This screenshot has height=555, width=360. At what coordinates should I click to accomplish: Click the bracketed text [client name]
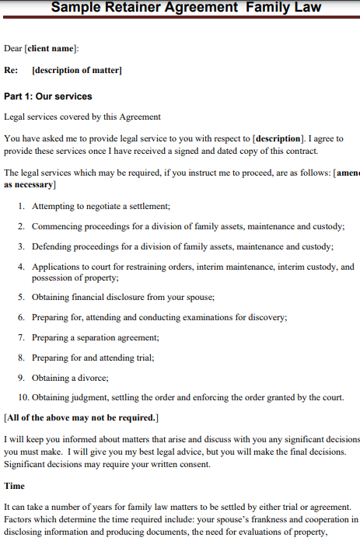click(x=51, y=48)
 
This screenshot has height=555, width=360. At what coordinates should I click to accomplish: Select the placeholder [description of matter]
click(x=76, y=71)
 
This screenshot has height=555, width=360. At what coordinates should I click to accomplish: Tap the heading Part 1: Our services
click(x=48, y=96)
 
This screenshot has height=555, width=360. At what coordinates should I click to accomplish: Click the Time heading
click(x=15, y=486)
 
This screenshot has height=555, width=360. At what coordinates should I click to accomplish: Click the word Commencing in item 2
click(x=58, y=226)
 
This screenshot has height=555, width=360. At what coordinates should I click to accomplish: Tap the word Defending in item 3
click(x=54, y=246)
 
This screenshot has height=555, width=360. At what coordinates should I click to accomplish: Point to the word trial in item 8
click(x=141, y=358)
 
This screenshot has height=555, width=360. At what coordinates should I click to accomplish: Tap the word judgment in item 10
click(x=88, y=397)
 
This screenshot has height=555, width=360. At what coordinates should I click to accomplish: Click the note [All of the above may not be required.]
click(x=82, y=417)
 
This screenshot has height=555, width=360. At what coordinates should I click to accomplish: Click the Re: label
click(x=11, y=71)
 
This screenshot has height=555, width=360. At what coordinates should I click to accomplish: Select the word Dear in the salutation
click(x=13, y=48)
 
